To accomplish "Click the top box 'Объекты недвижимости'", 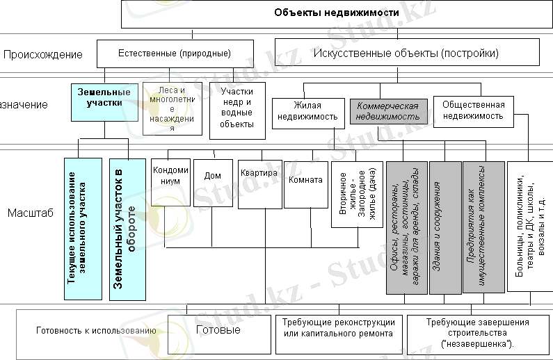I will tap(337, 13).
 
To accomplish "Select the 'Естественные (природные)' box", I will tap(175, 53).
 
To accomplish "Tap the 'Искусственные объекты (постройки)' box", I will tap(407, 53).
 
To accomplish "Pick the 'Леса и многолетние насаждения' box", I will tap(173, 109).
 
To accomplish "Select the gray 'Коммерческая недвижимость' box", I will tap(387, 111).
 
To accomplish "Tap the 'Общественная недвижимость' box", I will tap(473, 111).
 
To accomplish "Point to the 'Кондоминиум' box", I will tap(170, 181).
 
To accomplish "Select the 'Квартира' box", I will tap(259, 183).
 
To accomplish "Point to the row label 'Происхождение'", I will tap(43, 54).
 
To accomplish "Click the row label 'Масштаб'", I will tap(30, 213).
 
